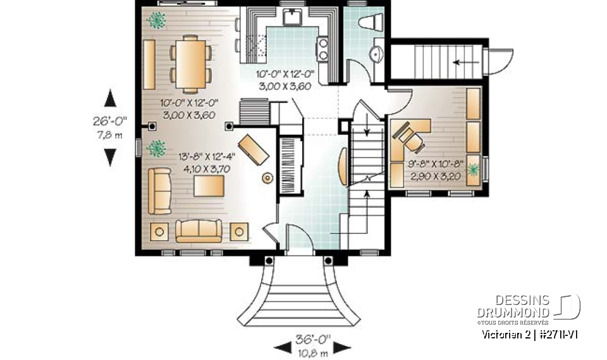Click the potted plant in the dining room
point(156,21)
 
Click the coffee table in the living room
point(209,187)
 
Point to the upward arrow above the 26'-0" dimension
point(111,97)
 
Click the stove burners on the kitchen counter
point(322,49)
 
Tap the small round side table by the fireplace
point(267,179)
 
